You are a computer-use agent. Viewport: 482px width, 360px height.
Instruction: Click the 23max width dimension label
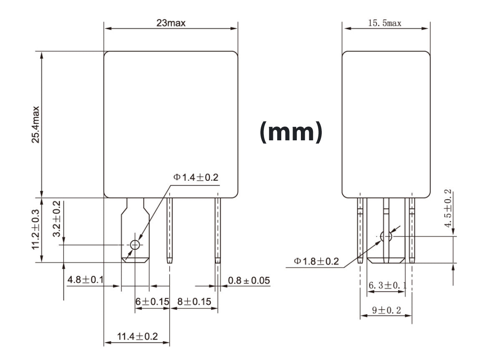pyautogui.click(x=171, y=23)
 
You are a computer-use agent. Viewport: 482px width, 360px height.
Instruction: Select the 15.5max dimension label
pyautogui.click(x=384, y=23)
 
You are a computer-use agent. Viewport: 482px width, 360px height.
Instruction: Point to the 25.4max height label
pyautogui.click(x=36, y=124)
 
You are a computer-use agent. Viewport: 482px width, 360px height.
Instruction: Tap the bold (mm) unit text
pyautogui.click(x=291, y=132)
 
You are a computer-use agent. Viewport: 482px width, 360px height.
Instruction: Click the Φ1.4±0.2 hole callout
pyautogui.click(x=196, y=177)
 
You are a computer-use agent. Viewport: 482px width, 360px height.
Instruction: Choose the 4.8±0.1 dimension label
pyautogui.click(x=86, y=279)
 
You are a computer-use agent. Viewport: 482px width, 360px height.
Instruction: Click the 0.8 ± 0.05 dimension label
pyautogui.click(x=249, y=281)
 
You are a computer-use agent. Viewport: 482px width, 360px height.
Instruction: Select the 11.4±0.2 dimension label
pyautogui.click(x=137, y=336)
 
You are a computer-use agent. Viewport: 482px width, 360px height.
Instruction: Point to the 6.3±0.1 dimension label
pyautogui.click(x=387, y=286)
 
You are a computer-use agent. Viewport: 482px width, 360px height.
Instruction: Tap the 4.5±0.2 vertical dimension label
pyautogui.click(x=448, y=208)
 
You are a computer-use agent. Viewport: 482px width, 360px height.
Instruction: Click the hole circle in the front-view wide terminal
pyautogui.click(x=135, y=245)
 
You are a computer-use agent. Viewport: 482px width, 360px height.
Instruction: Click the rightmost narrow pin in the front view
pyautogui.click(x=217, y=230)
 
